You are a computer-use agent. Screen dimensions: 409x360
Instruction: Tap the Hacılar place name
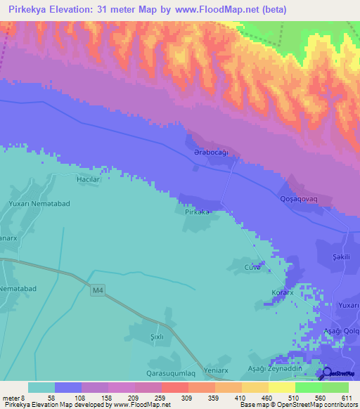point(89,180)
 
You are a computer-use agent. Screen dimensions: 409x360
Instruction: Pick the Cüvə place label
point(252,268)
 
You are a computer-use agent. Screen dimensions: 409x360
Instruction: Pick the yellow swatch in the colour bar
point(281,387)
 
